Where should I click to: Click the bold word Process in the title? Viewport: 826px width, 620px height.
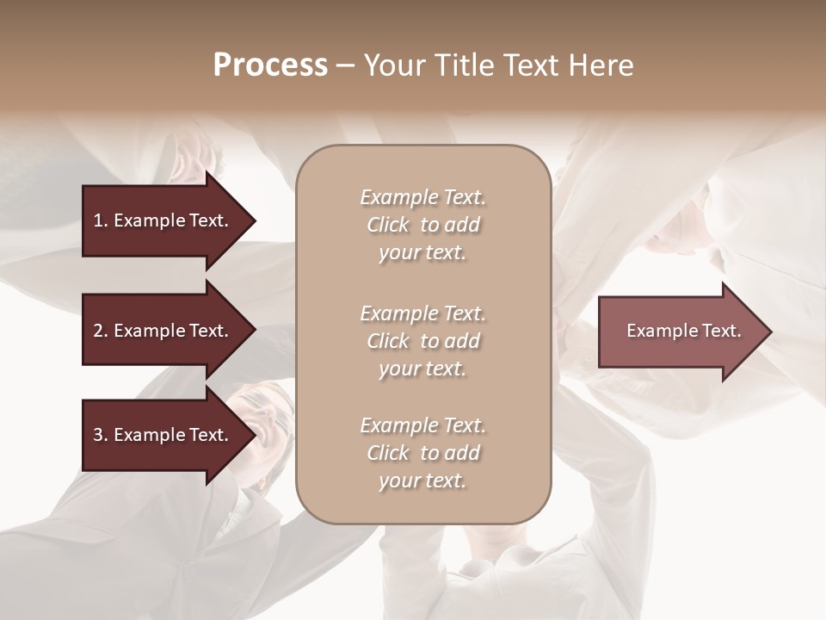pos(270,65)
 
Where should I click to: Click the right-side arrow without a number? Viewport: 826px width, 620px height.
pos(680,331)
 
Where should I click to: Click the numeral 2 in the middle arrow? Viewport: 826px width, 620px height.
pos(97,331)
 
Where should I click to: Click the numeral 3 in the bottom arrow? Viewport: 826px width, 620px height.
pos(97,435)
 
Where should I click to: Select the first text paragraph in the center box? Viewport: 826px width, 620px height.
pos(422,225)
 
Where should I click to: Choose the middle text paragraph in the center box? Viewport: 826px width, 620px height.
pos(422,341)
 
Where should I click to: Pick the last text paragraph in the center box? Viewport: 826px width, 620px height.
pos(422,453)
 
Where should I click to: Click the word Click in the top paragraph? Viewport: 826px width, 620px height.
pos(387,225)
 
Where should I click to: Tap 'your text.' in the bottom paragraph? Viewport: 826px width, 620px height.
pos(422,480)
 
